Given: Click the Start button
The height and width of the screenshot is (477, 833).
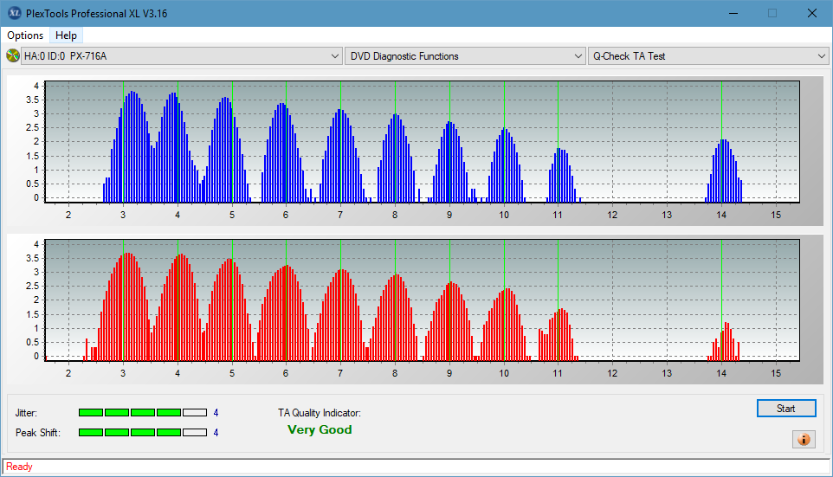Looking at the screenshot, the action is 786,408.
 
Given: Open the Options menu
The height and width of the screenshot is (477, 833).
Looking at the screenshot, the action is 25,35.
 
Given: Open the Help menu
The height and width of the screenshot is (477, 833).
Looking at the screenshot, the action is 66,35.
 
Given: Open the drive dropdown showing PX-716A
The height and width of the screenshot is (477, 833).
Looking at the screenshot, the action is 181,55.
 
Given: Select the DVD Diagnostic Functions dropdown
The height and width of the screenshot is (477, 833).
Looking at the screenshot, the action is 465,55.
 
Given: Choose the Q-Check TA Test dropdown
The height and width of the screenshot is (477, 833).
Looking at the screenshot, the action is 708,55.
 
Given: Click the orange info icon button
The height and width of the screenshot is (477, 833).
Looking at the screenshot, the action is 804,439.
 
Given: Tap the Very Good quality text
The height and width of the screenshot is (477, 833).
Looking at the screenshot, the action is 320,429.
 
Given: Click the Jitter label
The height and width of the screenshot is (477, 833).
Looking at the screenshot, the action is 26,413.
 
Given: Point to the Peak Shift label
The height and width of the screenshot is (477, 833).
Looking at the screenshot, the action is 38,433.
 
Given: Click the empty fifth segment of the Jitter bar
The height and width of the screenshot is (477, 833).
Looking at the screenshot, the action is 195,413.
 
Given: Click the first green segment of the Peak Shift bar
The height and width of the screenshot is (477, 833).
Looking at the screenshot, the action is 90,432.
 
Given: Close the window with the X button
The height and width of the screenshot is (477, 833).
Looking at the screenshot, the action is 811,13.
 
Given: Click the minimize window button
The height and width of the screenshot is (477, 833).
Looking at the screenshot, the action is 733,13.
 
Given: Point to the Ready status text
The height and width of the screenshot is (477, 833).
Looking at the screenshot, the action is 19,467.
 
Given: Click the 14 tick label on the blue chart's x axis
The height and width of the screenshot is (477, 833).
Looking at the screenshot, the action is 721,216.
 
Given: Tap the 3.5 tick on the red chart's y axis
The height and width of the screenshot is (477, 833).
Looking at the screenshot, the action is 33,258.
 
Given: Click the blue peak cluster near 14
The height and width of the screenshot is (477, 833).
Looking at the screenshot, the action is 724,171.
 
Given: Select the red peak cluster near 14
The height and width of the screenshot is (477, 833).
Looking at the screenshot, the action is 724,342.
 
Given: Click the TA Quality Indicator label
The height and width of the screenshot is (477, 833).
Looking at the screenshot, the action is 320,413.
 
